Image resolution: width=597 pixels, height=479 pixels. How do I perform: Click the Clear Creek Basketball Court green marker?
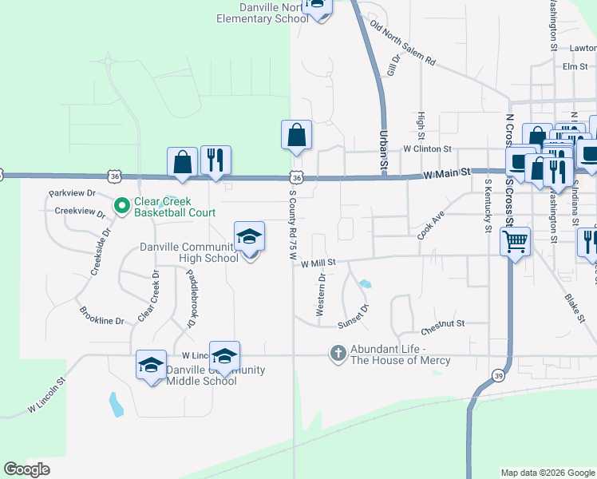(122, 206)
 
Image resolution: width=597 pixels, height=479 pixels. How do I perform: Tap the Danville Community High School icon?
(250, 236)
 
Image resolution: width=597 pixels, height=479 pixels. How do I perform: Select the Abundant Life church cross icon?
(338, 353)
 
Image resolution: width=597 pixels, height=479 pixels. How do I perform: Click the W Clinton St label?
(428, 148)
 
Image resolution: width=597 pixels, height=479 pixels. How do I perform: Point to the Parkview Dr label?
(72, 193)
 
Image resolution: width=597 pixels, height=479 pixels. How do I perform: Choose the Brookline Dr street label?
(101, 315)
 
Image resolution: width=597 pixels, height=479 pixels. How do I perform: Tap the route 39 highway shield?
(497, 375)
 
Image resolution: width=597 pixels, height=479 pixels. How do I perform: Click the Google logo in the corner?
(26, 469)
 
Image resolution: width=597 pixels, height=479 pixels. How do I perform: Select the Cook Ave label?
(430, 226)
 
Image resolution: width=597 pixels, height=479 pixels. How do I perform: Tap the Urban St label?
(383, 148)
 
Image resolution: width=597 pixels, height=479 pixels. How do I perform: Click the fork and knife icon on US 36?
(215, 160)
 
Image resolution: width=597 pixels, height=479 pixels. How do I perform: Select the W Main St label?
(445, 172)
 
